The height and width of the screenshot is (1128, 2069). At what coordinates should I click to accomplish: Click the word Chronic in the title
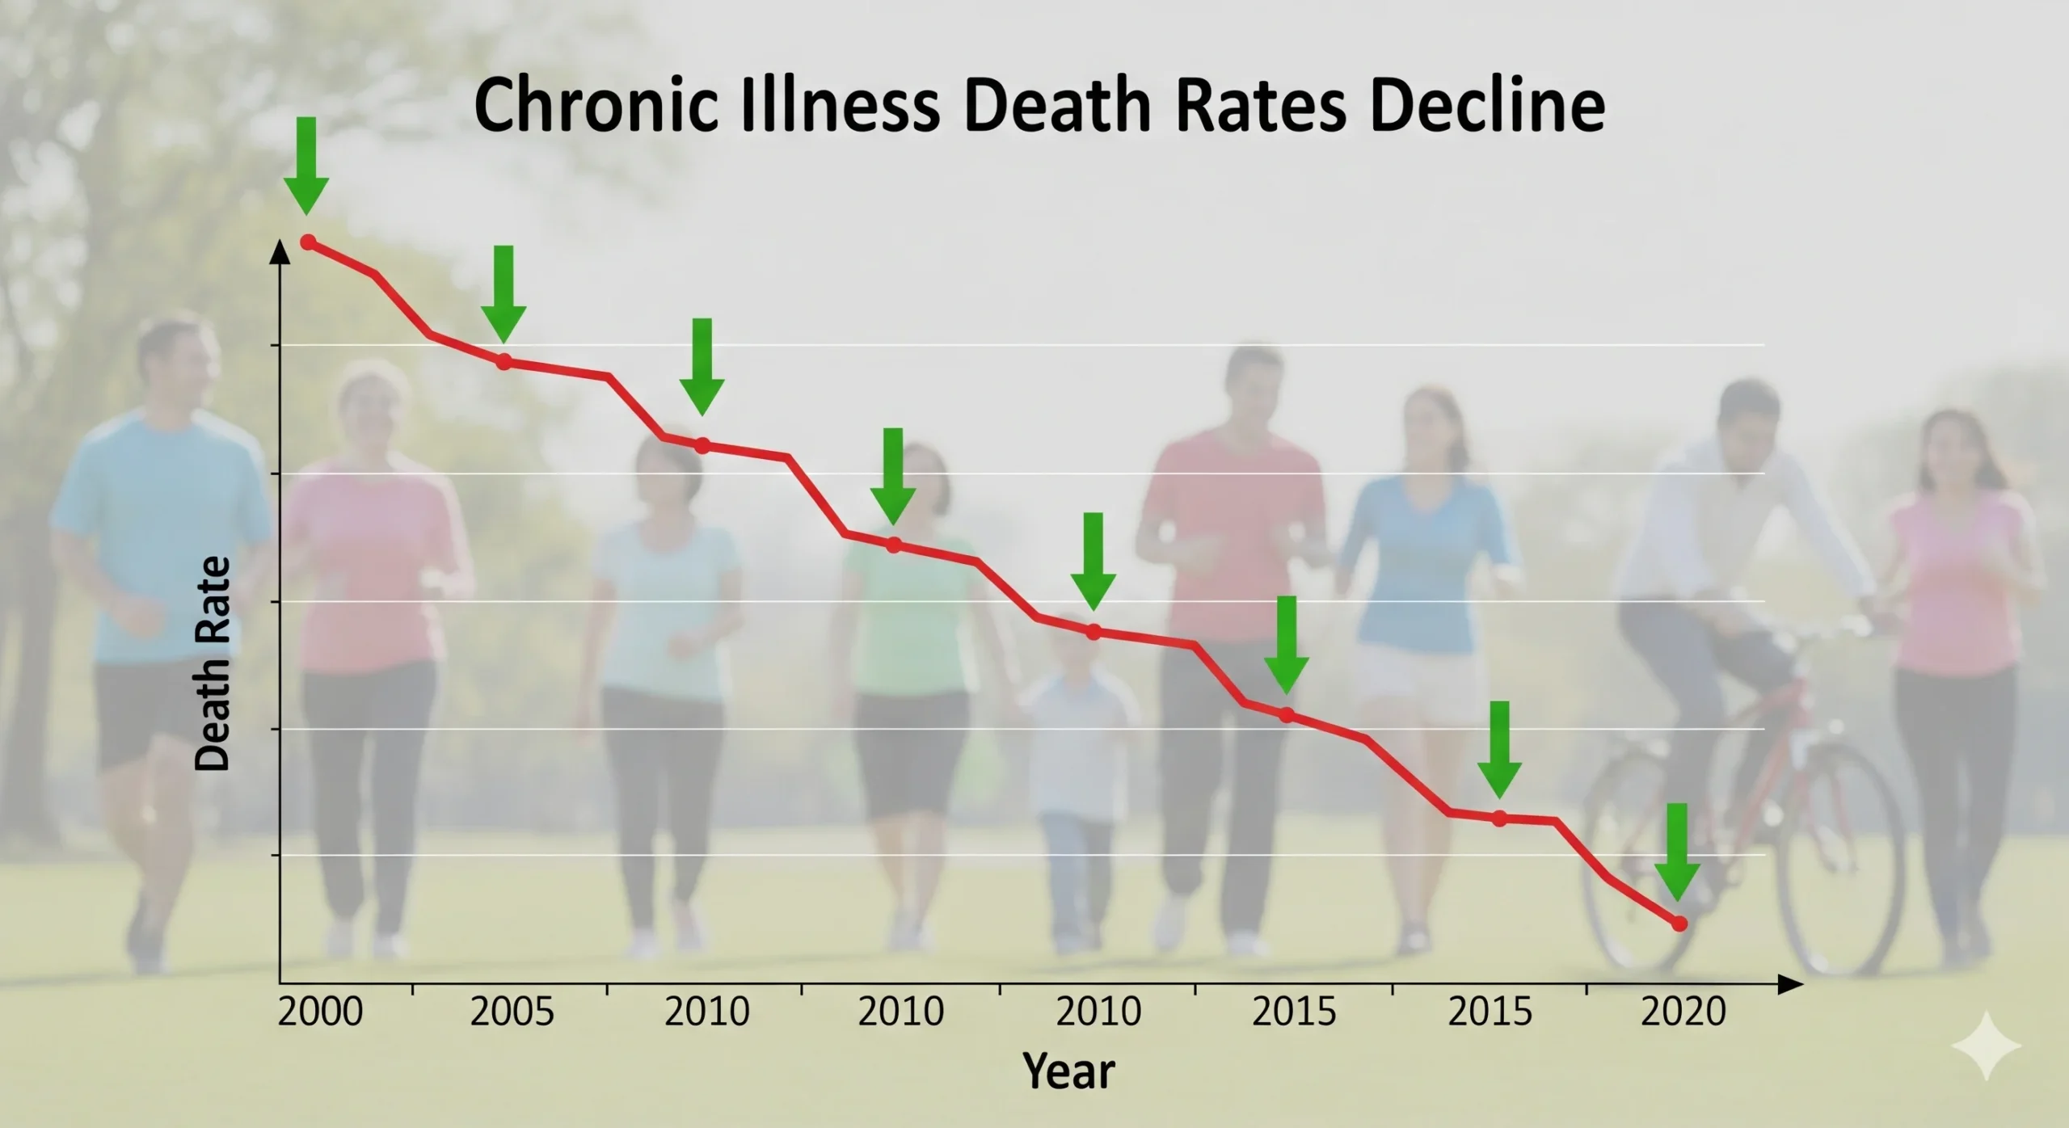[596, 106]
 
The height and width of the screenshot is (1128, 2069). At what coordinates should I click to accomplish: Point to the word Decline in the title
[1487, 106]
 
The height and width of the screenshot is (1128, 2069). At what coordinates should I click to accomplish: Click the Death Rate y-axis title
[213, 663]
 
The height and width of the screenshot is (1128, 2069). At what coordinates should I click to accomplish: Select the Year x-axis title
[1068, 1071]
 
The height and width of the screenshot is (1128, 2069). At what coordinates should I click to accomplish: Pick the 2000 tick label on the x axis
[320, 1012]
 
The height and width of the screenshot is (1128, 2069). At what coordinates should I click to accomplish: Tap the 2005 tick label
[512, 1012]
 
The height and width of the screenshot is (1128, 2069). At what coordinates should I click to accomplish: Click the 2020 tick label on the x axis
[1683, 1012]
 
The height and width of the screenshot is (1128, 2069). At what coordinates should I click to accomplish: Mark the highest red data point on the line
[308, 242]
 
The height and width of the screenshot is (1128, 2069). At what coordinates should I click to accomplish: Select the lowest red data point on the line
[1679, 923]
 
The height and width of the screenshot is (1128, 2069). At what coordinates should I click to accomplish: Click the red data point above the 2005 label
[504, 362]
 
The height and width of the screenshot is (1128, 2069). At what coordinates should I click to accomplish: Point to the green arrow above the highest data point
[306, 166]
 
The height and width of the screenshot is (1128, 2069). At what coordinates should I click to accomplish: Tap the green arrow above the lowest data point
[1677, 852]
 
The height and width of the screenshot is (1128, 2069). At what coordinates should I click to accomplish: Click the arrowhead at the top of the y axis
[280, 252]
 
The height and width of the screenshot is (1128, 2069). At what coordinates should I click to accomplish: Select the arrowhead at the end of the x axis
[1790, 984]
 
